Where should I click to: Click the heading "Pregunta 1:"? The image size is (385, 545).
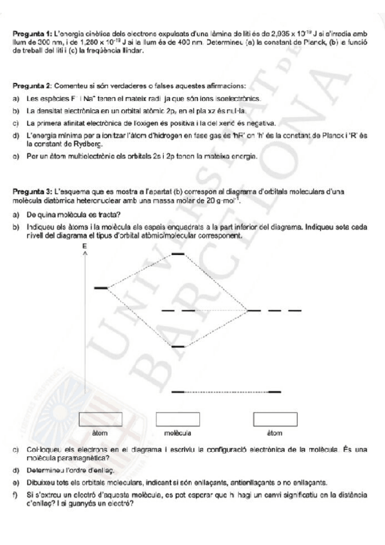(x=31, y=33)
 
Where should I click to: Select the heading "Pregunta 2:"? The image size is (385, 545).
(x=31, y=85)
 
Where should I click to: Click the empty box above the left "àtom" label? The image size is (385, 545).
(x=100, y=418)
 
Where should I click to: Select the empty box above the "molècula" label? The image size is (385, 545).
(x=177, y=418)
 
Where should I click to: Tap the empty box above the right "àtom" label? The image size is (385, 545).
(x=274, y=418)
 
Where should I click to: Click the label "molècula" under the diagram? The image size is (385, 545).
(x=177, y=432)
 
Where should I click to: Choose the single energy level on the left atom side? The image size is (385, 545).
(x=101, y=288)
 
